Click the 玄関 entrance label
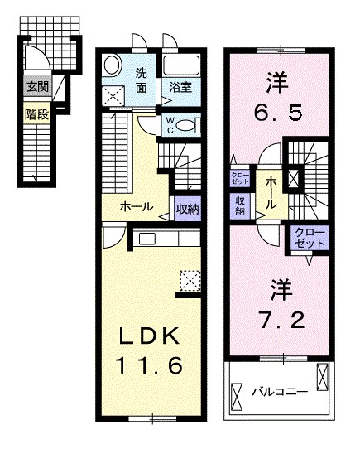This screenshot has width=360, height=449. pyautogui.click(x=38, y=86)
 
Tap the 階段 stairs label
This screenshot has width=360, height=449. pyautogui.click(x=37, y=115)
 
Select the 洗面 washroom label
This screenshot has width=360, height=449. pyautogui.click(x=141, y=80)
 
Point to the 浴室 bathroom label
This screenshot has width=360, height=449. pyautogui.click(x=180, y=87)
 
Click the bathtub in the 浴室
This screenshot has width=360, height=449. pyautogui.click(x=181, y=65)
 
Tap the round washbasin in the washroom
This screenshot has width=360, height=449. pyautogui.click(x=113, y=65)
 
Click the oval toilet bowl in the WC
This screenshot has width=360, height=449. pyautogui.click(x=185, y=126)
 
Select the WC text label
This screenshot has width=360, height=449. pyautogui.click(x=169, y=125)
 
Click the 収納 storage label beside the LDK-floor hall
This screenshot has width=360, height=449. pyautogui.click(x=187, y=209)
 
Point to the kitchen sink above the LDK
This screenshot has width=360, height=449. pyautogui.click(x=147, y=239)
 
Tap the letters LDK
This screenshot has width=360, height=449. pyautogui.click(x=149, y=336)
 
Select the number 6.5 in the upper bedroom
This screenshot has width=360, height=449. pyautogui.click(x=278, y=113)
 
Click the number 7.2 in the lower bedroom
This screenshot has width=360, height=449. pyautogui.click(x=281, y=320)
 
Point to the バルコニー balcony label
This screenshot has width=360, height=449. pyautogui.click(x=280, y=392)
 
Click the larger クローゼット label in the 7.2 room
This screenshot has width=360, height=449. pyautogui.click(x=310, y=238)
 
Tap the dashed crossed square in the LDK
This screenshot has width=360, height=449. pyautogui.click(x=190, y=281)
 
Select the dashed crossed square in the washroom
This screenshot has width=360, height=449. pyautogui.click(x=113, y=96)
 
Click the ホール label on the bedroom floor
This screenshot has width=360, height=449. pyautogui.click(x=271, y=192)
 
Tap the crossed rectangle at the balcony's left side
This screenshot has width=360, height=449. pyautogui.click(x=237, y=397)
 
